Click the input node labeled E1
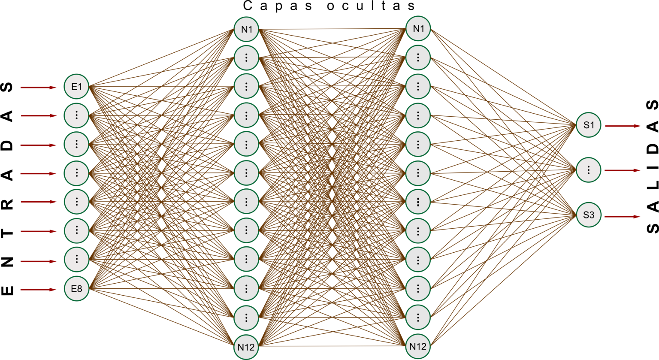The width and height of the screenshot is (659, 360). pyautogui.click(x=76, y=87)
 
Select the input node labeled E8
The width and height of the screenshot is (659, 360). pyautogui.click(x=76, y=289)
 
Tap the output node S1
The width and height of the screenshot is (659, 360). pyautogui.click(x=588, y=125)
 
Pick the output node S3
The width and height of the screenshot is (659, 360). pyautogui.click(x=588, y=215)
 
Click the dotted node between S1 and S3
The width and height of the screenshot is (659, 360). pyautogui.click(x=588, y=170)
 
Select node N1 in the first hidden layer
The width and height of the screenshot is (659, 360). pyautogui.click(x=246, y=29)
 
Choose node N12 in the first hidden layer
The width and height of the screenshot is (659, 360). pyautogui.click(x=246, y=347)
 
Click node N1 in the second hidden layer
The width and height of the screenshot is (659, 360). pyautogui.click(x=418, y=29)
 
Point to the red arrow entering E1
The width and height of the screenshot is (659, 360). pyautogui.click(x=39, y=88)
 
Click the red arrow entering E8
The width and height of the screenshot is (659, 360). pyautogui.click(x=39, y=290)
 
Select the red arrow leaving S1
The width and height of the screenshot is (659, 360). pyautogui.click(x=623, y=126)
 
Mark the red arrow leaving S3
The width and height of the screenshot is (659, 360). pyautogui.click(x=623, y=217)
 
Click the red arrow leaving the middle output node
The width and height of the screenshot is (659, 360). pyautogui.click(x=623, y=170)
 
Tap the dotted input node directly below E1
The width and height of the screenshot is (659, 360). pyautogui.click(x=76, y=115)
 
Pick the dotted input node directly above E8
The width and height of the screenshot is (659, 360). pyautogui.click(x=76, y=259)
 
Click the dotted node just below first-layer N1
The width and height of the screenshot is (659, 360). pyautogui.click(x=246, y=57)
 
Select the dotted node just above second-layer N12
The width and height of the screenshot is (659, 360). pyautogui.click(x=418, y=318)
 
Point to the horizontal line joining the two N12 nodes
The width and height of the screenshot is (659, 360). pyautogui.click(x=333, y=346)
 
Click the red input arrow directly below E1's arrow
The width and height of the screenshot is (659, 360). pyautogui.click(x=39, y=116)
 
